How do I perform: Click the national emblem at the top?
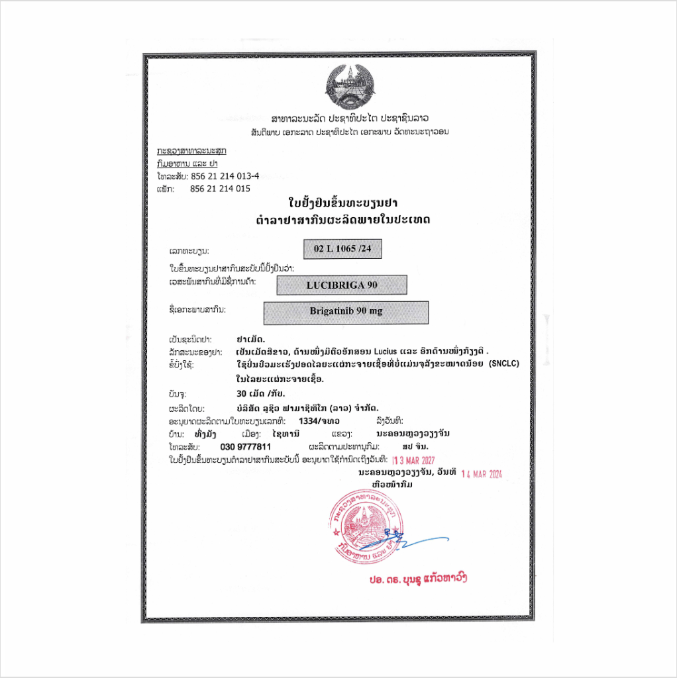349,85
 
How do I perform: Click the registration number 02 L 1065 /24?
343,249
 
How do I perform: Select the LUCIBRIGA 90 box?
342,285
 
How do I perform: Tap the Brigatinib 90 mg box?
346,312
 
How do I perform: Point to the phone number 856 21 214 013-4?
225,176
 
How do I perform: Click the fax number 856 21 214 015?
220,189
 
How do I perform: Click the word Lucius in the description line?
387,352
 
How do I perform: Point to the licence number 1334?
309,420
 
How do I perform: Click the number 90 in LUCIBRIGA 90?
372,285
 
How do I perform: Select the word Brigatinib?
332,312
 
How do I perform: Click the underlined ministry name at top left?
191,151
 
